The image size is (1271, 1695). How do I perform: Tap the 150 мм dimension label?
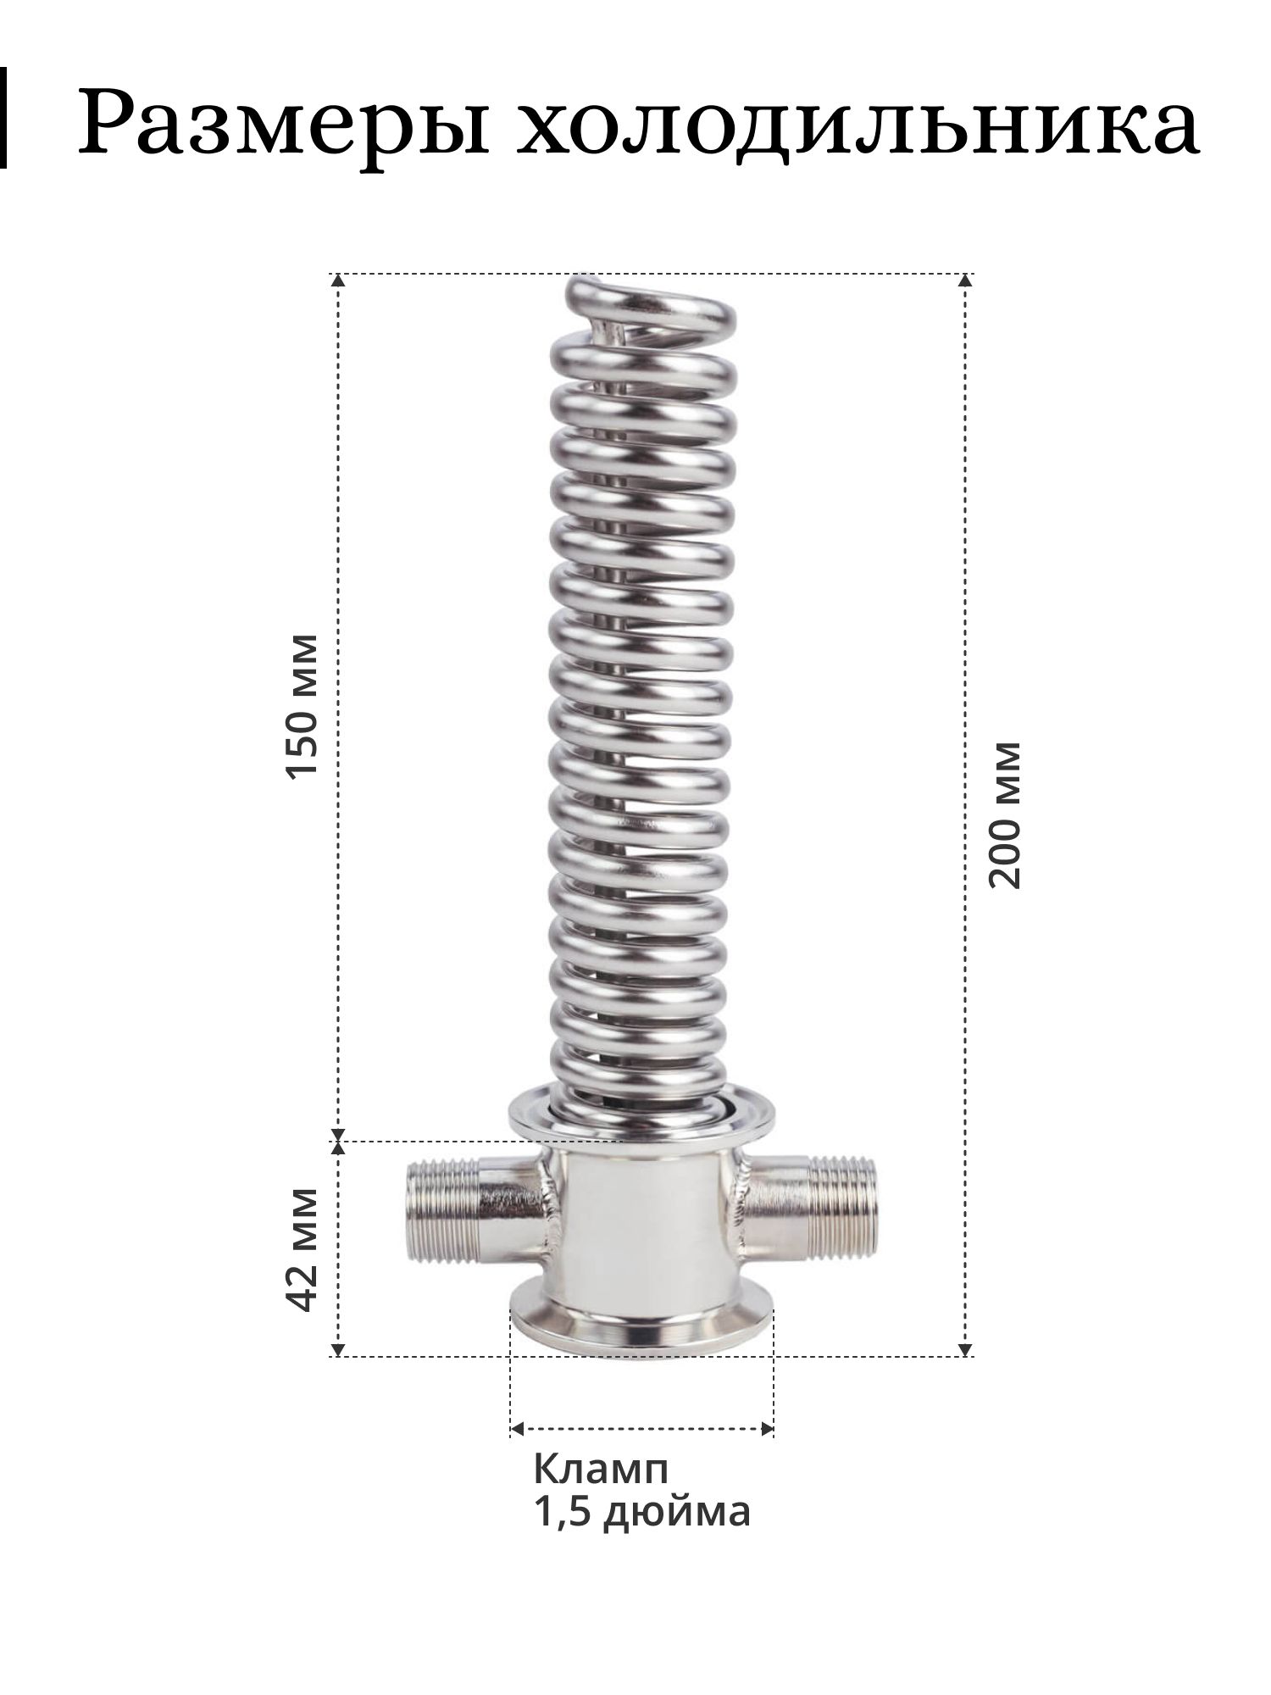click(x=302, y=705)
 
